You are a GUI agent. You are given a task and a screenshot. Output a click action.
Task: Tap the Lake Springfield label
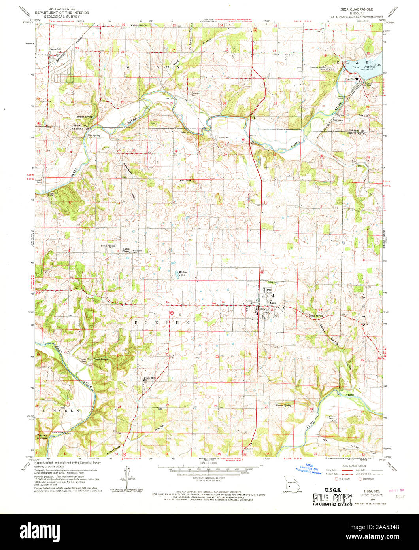(x=372, y=66)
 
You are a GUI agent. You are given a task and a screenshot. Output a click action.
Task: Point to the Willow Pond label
(x=183, y=273)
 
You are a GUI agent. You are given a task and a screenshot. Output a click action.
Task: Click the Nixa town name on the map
(x=272, y=303)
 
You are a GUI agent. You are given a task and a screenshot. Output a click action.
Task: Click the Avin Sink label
(x=185, y=180)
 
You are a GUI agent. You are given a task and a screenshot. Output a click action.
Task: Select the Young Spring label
(x=101, y=359)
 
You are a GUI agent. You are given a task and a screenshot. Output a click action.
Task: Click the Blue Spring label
(x=94, y=135)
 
